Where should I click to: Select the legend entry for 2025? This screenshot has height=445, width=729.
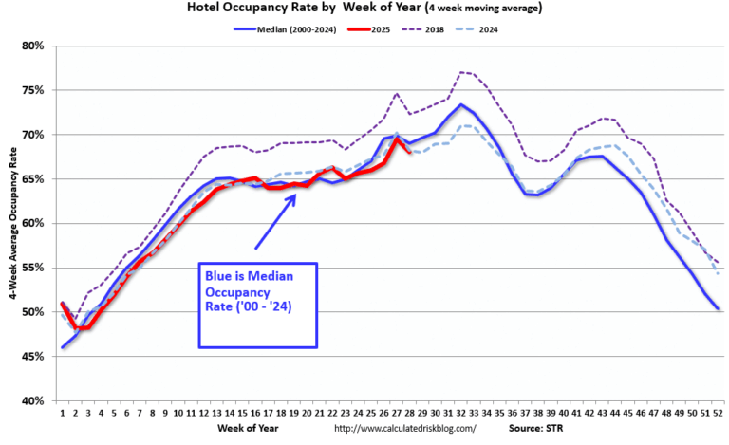(388, 28)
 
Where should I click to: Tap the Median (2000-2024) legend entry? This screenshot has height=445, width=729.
(301, 28)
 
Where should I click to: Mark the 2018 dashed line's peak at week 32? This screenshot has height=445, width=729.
(460, 72)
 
